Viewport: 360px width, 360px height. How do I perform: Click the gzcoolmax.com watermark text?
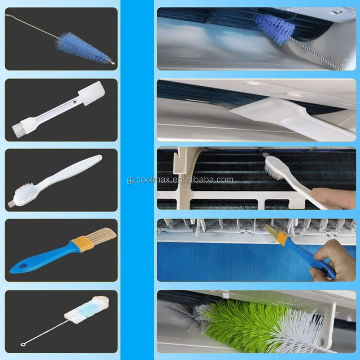(x=180, y=179)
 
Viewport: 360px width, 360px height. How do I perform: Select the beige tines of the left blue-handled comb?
(x=102, y=236)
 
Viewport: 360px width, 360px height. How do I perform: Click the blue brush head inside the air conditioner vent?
(x=275, y=27)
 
